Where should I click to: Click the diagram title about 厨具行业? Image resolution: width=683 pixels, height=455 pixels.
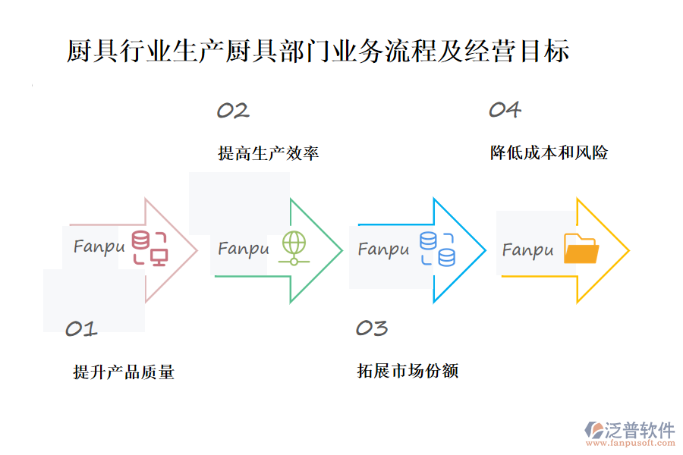pyautogui.click(x=318, y=52)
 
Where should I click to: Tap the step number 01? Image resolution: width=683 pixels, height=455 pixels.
pyautogui.click(x=81, y=328)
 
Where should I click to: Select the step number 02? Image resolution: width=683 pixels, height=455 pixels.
pyautogui.click(x=233, y=111)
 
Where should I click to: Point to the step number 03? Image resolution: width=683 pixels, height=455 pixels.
pyautogui.click(x=372, y=328)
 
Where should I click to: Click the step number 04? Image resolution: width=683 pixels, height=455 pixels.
pyautogui.click(x=505, y=110)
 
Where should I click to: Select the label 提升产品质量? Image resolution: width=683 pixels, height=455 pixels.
pyautogui.click(x=124, y=372)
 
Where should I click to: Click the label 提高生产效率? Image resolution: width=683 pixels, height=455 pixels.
pyautogui.click(x=268, y=153)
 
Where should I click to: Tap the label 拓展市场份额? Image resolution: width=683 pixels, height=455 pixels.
pyautogui.click(x=408, y=371)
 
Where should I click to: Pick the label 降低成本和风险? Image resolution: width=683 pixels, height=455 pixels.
pyautogui.click(x=549, y=153)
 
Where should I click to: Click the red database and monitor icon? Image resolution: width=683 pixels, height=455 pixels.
pyautogui.click(x=150, y=248)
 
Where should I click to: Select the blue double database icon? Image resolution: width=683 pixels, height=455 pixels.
pyautogui.click(x=437, y=249)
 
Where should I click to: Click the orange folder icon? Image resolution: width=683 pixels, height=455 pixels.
pyautogui.click(x=581, y=249)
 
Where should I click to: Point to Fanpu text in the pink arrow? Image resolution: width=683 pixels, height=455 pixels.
pyautogui.click(x=99, y=247)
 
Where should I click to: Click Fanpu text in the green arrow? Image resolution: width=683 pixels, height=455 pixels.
pyautogui.click(x=244, y=249)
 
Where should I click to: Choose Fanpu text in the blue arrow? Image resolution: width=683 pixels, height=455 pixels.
pyautogui.click(x=383, y=249)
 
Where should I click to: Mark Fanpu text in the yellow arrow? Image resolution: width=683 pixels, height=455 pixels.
pyautogui.click(x=527, y=249)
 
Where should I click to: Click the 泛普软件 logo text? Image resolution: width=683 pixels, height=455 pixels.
pyautogui.click(x=640, y=430)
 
